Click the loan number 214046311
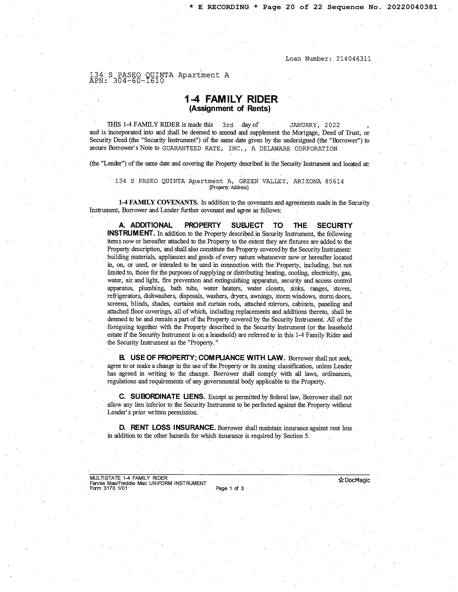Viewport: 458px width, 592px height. pos(353,59)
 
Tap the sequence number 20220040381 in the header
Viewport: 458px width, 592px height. pos(412,7)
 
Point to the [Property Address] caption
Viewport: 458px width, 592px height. pos(229,187)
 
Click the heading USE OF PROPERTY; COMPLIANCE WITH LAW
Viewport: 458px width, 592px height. pos(208,358)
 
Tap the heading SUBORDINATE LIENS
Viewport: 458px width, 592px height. pos(167,397)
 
